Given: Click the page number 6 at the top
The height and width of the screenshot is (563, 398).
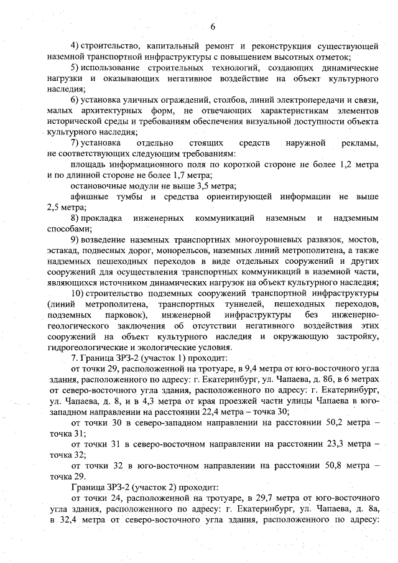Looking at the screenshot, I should pos(212,26).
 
